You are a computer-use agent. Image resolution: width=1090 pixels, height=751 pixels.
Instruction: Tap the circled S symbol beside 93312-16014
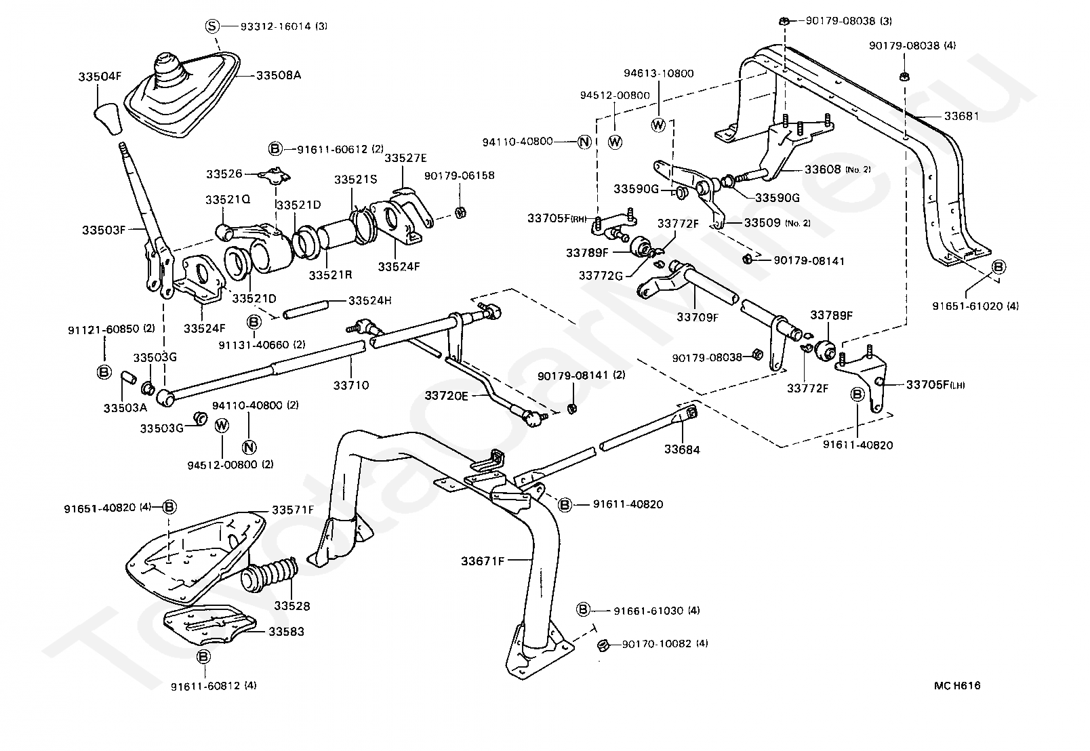point(213,26)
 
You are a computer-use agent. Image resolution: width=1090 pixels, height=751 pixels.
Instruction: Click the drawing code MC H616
point(956,685)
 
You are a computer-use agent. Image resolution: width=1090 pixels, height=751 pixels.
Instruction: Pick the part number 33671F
point(483,561)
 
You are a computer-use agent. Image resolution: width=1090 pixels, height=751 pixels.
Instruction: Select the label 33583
point(286,631)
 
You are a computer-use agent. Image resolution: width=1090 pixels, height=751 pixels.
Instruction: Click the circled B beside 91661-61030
point(584,610)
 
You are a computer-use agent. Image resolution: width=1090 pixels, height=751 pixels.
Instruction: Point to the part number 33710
point(351,385)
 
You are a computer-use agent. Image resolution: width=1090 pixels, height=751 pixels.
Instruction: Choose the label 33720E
point(446,395)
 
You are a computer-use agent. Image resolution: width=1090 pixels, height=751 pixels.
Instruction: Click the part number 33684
point(682,449)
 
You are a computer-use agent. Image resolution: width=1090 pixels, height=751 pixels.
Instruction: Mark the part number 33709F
point(697,316)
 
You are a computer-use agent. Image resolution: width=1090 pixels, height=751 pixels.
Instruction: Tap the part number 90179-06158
point(459,176)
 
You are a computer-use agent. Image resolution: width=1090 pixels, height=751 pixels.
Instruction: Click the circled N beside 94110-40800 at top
point(584,142)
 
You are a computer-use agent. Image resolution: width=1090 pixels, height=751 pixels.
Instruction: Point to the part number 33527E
point(405,157)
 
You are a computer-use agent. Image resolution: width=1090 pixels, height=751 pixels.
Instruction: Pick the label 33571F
point(293,509)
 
